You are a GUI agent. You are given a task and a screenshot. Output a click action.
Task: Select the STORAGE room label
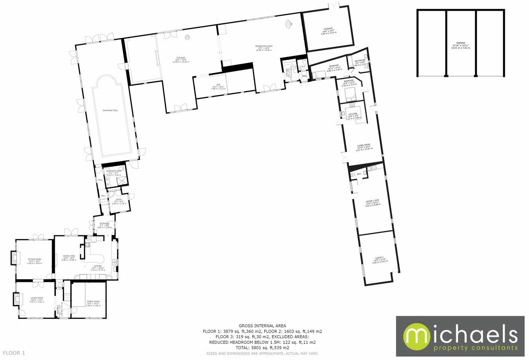tap(328, 29)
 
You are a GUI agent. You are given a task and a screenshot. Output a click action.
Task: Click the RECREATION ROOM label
tap(263, 47)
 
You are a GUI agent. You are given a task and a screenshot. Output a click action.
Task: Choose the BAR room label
tap(218, 85)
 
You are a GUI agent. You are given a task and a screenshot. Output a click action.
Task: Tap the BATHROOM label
tap(360, 61)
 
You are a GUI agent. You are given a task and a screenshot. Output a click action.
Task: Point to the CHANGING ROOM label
tap(113, 171)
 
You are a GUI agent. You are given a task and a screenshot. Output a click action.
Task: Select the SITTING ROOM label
tap(34, 259)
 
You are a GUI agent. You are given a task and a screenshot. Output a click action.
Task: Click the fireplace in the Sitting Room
tap(15, 258)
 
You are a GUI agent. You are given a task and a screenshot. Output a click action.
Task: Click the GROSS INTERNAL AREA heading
tap(262, 326)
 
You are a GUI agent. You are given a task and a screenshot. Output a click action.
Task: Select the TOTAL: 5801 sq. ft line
tap(262, 348)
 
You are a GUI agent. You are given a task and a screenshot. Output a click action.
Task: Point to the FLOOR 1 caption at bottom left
tap(14, 353)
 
